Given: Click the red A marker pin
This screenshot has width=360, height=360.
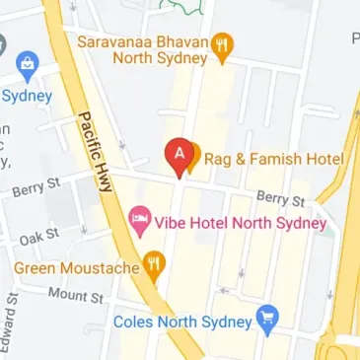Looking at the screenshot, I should click(x=180, y=156).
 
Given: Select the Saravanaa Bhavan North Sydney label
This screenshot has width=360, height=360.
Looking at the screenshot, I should click(x=144, y=49).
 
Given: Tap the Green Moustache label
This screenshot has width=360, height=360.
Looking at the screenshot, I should click(x=75, y=266).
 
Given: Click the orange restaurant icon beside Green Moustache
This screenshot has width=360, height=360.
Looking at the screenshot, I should click(x=153, y=263).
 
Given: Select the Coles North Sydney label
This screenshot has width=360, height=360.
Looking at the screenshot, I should click(x=182, y=322).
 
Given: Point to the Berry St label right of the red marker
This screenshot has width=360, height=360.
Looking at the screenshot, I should click(x=281, y=199).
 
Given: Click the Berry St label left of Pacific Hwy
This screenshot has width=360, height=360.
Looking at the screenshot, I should click(x=36, y=186).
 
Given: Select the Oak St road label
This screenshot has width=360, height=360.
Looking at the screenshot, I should click(x=39, y=236).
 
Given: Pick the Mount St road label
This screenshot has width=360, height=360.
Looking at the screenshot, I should click(x=76, y=295).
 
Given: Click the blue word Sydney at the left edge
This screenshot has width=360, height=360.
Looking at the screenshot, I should click(x=26, y=97).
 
